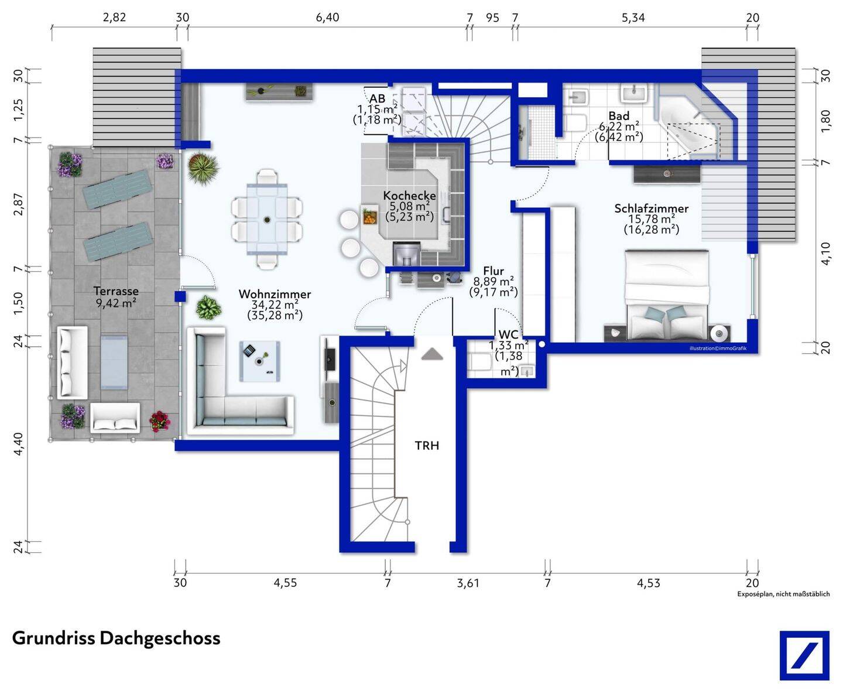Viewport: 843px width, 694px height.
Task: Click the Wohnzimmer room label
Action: [275, 294]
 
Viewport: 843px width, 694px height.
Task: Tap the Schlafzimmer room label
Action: [651, 208]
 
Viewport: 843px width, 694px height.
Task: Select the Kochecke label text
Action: [409, 195]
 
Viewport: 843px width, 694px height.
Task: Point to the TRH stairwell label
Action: [427, 446]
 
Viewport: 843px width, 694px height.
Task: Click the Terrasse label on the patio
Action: [116, 291]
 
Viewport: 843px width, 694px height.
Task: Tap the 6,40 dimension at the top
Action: [327, 17]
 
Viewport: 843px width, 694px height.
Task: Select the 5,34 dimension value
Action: [633, 18]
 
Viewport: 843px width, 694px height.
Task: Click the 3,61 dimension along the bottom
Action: [468, 583]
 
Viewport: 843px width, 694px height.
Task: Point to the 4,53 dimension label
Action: [648, 583]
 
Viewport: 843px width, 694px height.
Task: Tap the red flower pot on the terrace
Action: [159, 421]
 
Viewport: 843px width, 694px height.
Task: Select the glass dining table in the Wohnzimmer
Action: [266, 219]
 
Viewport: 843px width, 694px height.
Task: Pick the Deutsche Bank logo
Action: [804, 655]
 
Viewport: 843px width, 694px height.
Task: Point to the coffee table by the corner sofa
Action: [260, 361]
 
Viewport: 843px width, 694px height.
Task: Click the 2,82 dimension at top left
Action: [114, 17]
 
